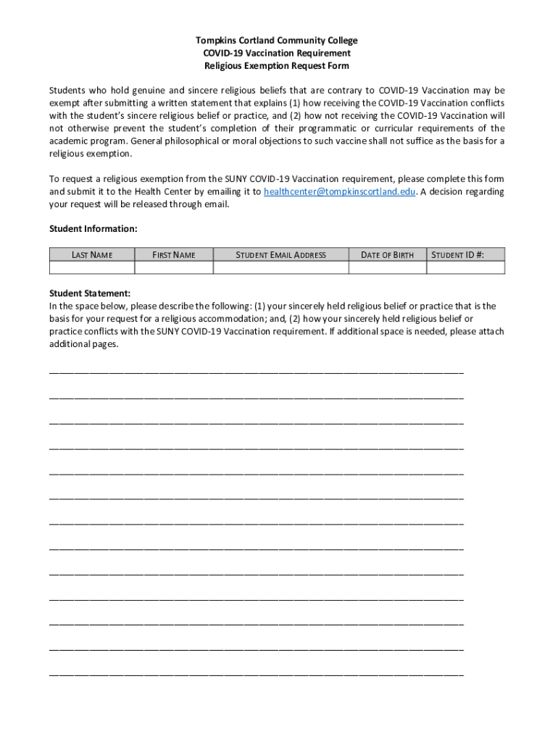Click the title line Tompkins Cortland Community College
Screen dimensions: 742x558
pyautogui.click(x=276, y=41)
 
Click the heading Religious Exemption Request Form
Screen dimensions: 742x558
pyautogui.click(x=276, y=66)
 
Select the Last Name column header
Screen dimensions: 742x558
pyautogui.click(x=91, y=254)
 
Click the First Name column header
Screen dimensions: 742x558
pyautogui.click(x=173, y=254)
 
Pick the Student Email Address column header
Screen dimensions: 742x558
pyautogui.click(x=280, y=254)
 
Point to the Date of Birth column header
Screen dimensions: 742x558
pyautogui.click(x=387, y=254)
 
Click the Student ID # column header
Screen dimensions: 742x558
pyautogui.click(x=465, y=254)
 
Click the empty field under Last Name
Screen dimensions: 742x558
pyautogui.click(x=91, y=267)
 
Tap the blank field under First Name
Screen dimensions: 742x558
pyautogui.click(x=173, y=267)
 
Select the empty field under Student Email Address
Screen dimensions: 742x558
pyautogui.click(x=280, y=267)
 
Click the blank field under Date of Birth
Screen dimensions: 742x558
pyautogui.click(x=387, y=267)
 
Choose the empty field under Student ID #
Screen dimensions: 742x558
pyautogui.click(x=465, y=267)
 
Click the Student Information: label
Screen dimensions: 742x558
pyautogui.click(x=93, y=229)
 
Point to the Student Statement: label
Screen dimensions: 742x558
pyautogui.click(x=90, y=293)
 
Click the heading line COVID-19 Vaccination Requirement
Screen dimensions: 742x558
pyautogui.click(x=276, y=54)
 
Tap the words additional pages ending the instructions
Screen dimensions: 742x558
pyautogui.click(x=83, y=345)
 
